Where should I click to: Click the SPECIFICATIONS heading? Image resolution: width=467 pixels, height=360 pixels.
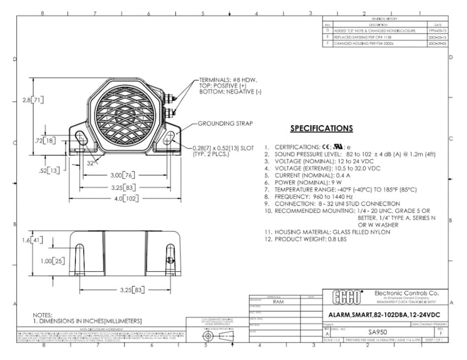click(x=321, y=128)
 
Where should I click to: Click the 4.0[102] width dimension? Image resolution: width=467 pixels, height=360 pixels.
click(x=122, y=198)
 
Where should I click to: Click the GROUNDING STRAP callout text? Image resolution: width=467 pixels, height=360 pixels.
click(x=226, y=123)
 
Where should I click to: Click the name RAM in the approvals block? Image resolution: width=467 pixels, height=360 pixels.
click(x=278, y=302)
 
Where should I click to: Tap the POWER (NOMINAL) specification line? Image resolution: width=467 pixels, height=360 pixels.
click(x=300, y=182)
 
